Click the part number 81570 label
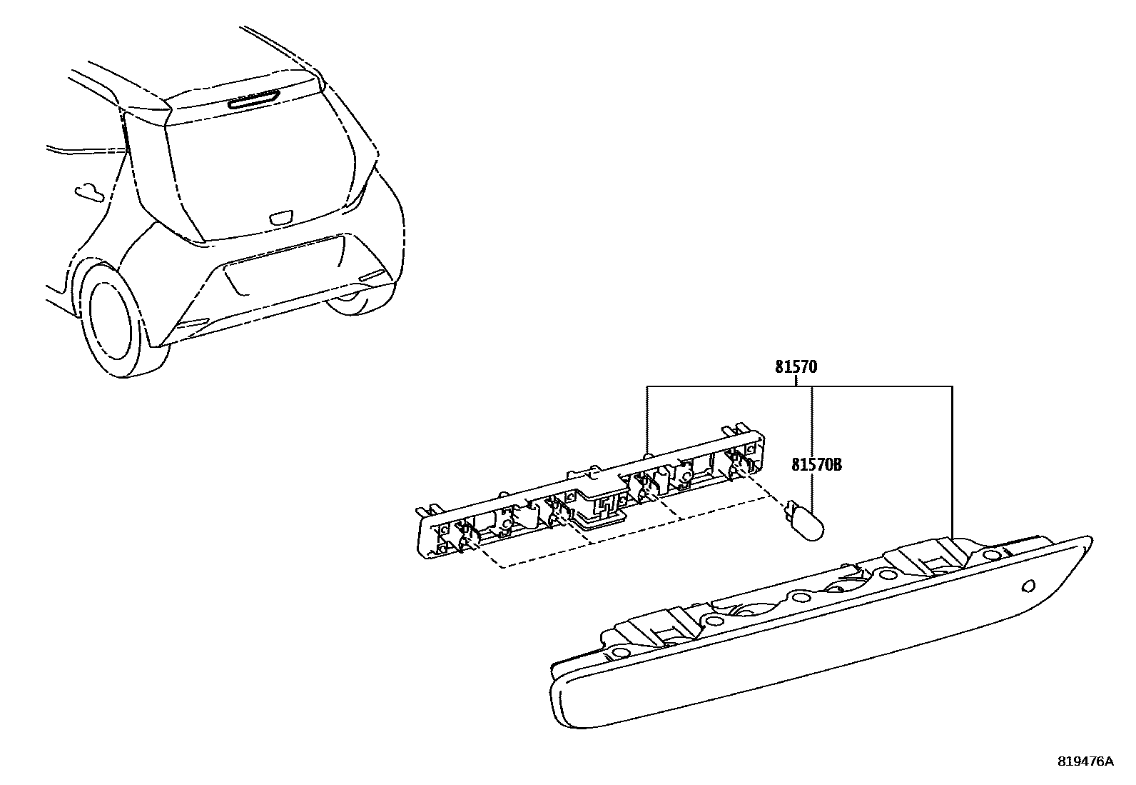click(x=796, y=368)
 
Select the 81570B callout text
click(x=816, y=465)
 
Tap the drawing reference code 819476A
click(x=1085, y=761)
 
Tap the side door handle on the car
click(x=88, y=191)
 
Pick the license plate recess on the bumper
click(x=282, y=266)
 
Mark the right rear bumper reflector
click(x=372, y=276)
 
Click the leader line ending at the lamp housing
click(x=953, y=464)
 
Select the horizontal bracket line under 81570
click(x=799, y=387)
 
